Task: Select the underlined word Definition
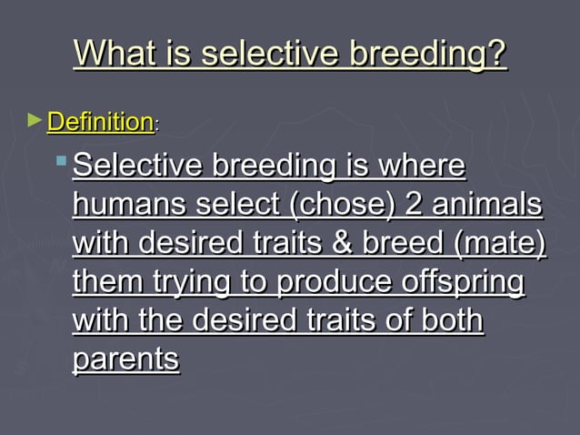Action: [x=99, y=121]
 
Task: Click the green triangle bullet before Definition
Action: [x=35, y=119]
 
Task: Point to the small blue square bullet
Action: [x=61, y=161]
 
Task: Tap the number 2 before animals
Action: [x=415, y=207]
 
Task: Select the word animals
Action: [x=487, y=207]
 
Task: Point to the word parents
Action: [x=125, y=359]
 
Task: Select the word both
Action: [x=449, y=321]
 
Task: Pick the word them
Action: [x=106, y=283]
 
